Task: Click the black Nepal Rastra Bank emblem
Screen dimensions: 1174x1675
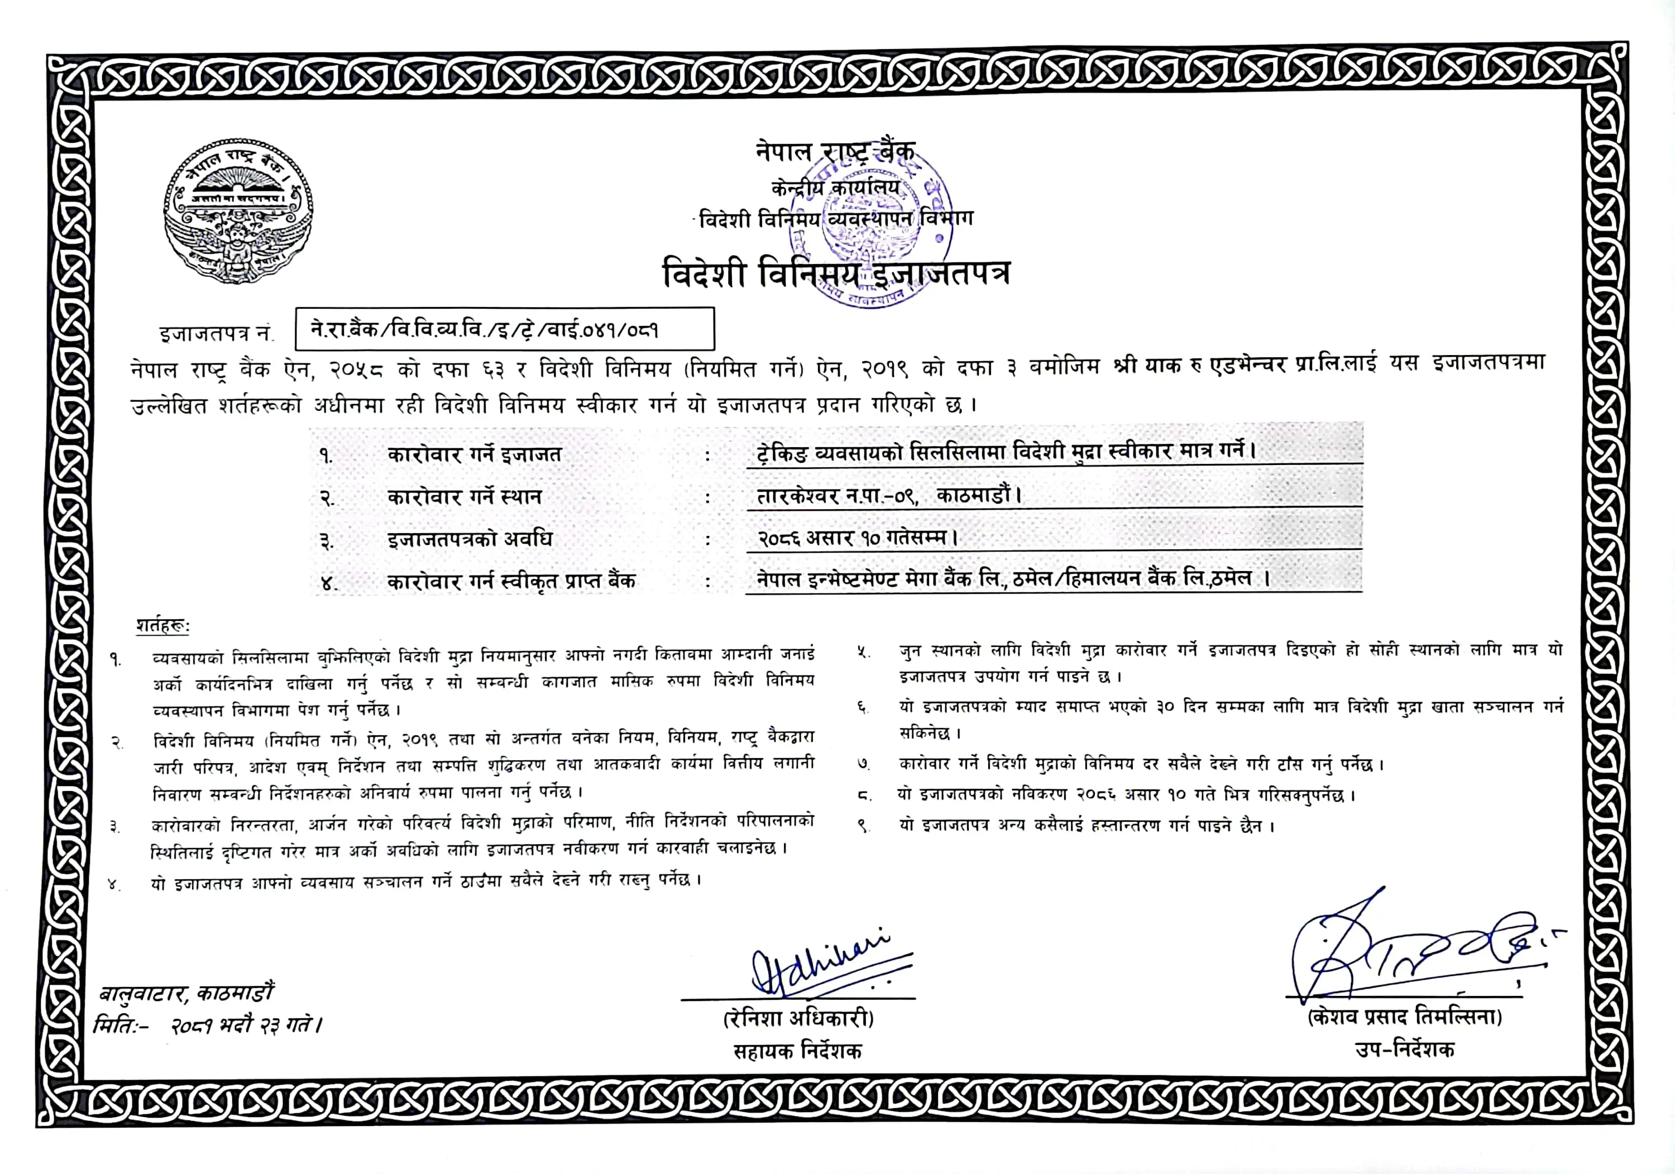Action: (x=238, y=212)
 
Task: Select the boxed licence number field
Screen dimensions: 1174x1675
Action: (x=504, y=329)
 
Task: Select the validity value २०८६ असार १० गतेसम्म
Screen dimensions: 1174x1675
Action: (x=857, y=539)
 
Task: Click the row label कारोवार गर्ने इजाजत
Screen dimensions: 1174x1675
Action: (x=474, y=454)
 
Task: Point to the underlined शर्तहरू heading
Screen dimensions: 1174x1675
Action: (x=162, y=626)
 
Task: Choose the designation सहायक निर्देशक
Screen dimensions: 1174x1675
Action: (x=797, y=1051)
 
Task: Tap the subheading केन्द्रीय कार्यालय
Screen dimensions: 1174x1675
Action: (x=836, y=188)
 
